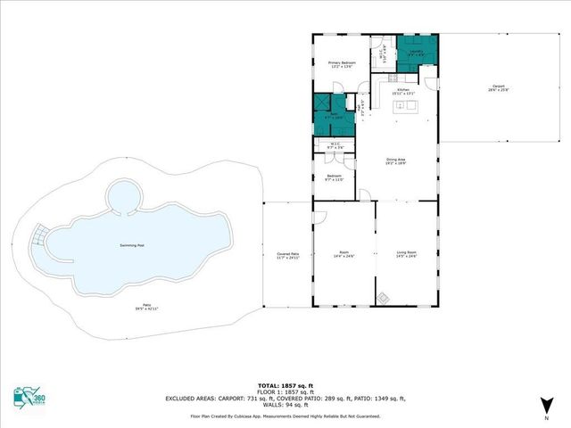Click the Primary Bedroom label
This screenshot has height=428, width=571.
329,63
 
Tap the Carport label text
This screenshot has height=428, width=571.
497,87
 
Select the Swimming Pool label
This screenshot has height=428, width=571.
134,245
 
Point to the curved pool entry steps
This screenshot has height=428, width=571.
38,237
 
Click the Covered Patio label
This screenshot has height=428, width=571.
287,256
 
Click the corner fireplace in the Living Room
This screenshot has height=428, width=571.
382,298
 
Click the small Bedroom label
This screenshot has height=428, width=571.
333,177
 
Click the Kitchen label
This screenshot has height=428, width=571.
403,90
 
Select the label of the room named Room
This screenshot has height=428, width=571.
343,254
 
